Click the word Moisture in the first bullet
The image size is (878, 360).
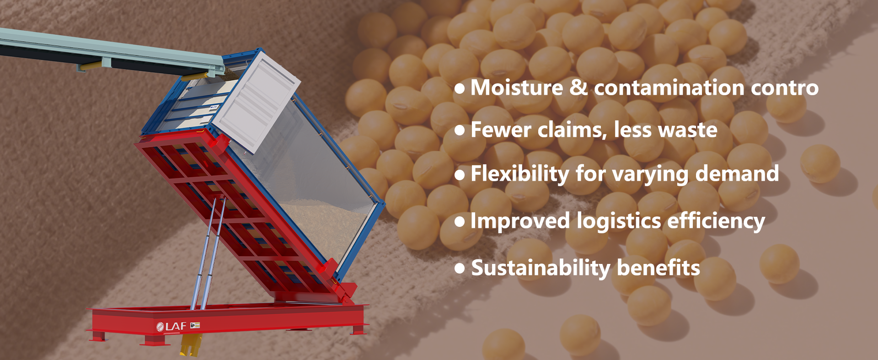[x=517, y=87]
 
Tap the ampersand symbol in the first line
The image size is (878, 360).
[x=578, y=87]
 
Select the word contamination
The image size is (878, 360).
[x=669, y=87]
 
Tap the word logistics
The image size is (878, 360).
[x=619, y=221]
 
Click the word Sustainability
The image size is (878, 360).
[x=541, y=268]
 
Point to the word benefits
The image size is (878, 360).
[x=658, y=268]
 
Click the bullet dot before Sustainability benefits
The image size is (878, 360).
[x=460, y=269]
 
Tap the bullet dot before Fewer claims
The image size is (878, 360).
[x=460, y=130]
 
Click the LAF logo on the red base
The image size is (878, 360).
[x=171, y=326]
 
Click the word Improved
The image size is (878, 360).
[x=520, y=221]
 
